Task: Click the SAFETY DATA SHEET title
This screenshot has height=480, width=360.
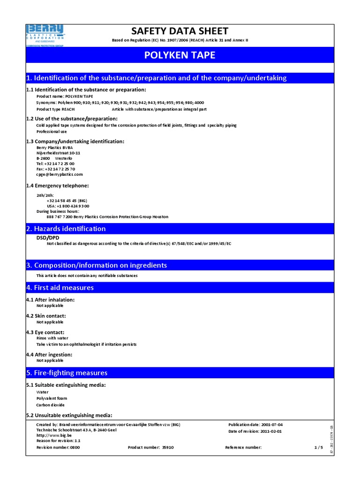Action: (180, 31)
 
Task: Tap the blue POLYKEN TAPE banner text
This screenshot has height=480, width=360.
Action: (180, 55)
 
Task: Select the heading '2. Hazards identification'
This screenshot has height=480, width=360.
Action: (66, 229)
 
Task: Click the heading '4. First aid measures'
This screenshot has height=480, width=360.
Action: (60, 287)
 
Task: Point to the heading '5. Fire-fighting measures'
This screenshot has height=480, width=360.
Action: (67, 373)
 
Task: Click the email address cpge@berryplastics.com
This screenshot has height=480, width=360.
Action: (60, 174)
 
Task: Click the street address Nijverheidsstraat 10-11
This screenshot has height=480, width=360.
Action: (58, 153)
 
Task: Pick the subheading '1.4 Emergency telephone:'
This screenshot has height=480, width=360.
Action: (58, 186)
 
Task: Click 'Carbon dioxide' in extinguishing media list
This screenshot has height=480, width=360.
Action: (51, 405)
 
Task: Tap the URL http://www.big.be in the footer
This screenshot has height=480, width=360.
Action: (52, 435)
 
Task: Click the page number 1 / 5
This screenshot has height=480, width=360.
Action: (319, 448)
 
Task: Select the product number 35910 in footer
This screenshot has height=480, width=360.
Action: (168, 448)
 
